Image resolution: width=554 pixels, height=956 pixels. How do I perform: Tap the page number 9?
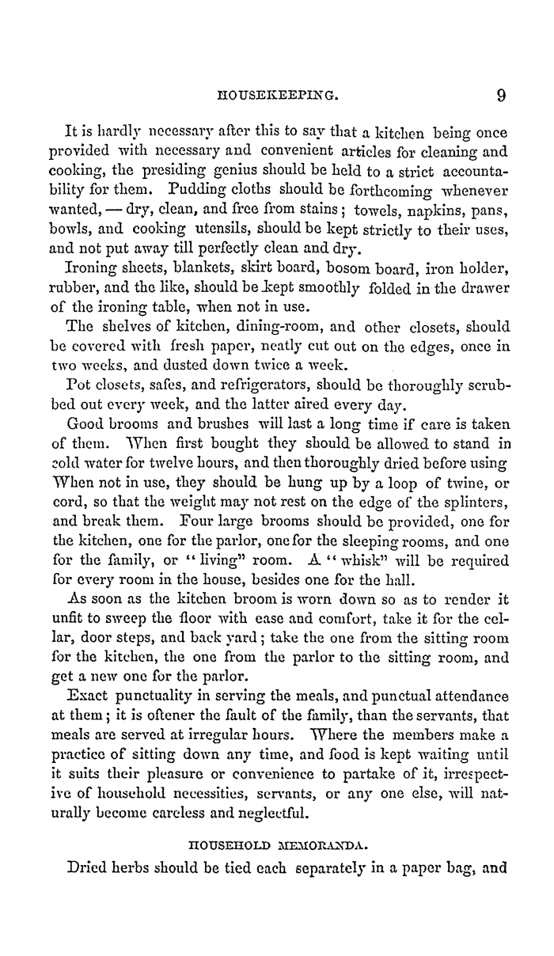[500, 97]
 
